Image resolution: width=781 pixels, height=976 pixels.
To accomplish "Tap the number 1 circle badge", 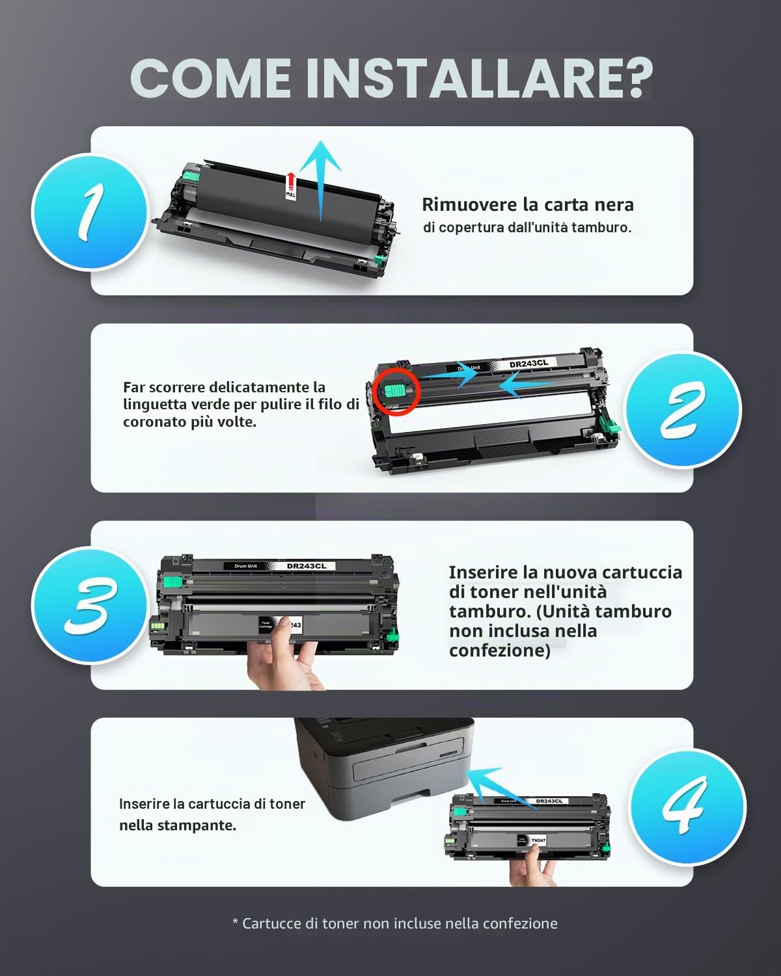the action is coord(89,212).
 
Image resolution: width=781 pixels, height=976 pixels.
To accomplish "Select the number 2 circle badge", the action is coord(683,409).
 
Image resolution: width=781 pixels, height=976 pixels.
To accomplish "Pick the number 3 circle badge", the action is coord(89,606).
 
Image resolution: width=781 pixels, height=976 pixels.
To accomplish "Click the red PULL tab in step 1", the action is coord(290,185).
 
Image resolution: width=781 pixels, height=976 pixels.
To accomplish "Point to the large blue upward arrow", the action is coord(321,181).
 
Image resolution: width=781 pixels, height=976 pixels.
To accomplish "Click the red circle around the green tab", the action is coord(397,391).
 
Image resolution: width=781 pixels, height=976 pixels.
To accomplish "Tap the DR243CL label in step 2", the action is coord(528,364).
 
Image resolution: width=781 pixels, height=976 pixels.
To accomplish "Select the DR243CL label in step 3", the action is coord(307,565).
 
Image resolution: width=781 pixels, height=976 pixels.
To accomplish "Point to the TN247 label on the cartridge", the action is coord(538,841).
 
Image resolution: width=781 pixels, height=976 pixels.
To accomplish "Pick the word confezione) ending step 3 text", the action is coord(499,651).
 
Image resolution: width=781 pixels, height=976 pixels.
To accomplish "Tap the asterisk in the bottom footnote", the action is coord(235,922).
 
